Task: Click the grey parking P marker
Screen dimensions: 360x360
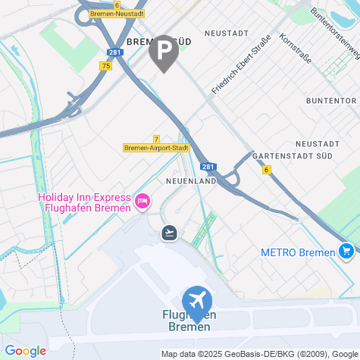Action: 164,52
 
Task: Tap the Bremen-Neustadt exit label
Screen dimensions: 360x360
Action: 117,14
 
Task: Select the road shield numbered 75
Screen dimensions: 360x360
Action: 105,67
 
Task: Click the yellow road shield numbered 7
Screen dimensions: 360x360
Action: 155,139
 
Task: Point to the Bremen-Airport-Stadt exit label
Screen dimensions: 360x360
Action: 156,148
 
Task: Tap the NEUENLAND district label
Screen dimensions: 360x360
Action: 191,182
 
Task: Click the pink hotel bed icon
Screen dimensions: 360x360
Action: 142,201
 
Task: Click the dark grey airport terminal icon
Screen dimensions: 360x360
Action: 170,232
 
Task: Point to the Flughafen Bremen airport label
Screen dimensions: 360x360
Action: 189,321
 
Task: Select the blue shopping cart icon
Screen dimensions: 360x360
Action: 346,250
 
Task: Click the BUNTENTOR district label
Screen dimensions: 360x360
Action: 331,100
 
